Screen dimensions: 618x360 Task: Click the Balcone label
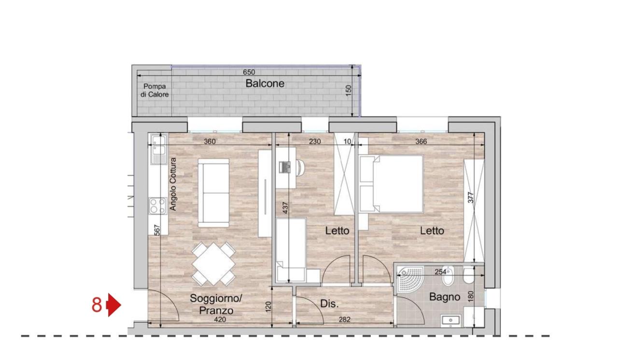click(265, 83)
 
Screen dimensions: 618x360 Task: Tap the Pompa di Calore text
click(154, 90)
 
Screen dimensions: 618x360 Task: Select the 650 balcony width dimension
click(249, 72)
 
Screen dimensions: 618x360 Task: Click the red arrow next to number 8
click(114, 305)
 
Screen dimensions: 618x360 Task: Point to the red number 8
click(97, 305)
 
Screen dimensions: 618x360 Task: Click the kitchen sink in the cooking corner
click(158, 149)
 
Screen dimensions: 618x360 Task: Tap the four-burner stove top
click(158, 206)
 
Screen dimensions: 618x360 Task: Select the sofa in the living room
click(213, 193)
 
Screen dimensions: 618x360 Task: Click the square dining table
click(213, 264)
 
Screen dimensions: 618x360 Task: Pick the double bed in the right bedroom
click(392, 183)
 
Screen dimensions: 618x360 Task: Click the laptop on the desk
click(285, 167)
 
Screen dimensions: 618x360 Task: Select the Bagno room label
click(445, 297)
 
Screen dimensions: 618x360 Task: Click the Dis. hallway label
click(329, 304)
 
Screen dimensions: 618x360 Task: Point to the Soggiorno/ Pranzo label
click(216, 305)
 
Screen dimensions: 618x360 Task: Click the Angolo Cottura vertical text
click(173, 184)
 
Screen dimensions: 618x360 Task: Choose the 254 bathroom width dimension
click(440, 272)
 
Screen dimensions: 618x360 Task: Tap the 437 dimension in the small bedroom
click(285, 208)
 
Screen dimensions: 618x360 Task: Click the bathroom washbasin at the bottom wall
click(450, 320)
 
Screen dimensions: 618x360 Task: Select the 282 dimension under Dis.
click(345, 319)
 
